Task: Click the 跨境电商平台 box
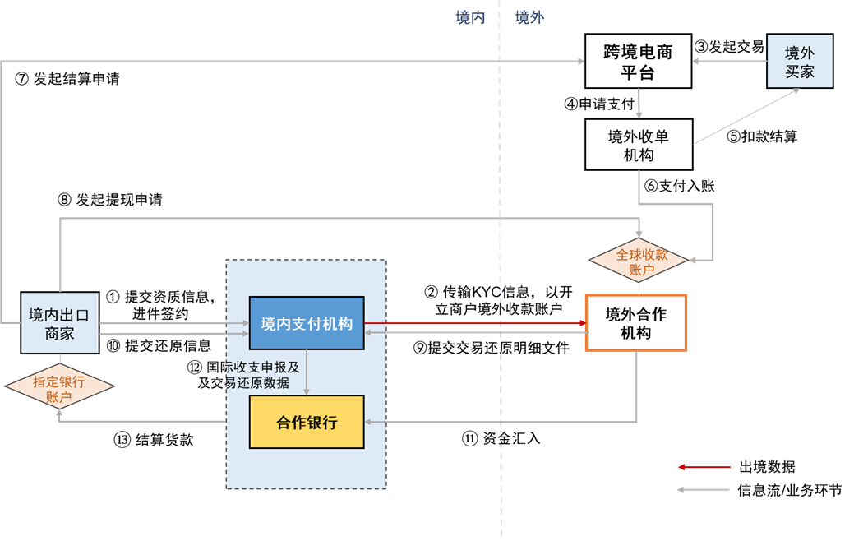point(638,61)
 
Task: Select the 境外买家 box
point(799,61)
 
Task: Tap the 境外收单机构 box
point(638,144)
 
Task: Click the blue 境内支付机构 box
point(306,323)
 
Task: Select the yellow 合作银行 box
point(306,422)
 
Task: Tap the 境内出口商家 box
point(59,323)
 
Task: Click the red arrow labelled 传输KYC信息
point(474,323)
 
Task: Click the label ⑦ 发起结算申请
point(67,79)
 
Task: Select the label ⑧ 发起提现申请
point(110,200)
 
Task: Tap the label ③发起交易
point(729,46)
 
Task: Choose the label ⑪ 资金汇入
point(501,438)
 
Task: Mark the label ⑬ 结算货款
point(154,439)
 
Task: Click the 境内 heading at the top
point(470,16)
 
